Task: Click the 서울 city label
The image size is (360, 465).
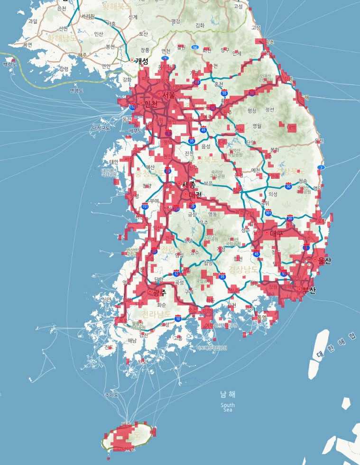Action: pyautogui.click(x=168, y=95)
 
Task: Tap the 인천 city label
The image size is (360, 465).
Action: pyautogui.click(x=150, y=104)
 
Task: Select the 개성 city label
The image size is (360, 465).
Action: pyautogui.click(x=141, y=61)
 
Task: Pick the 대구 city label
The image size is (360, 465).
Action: pyautogui.click(x=277, y=233)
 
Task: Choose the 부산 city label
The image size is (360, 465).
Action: pyautogui.click(x=308, y=290)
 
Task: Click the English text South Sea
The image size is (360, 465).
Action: pyautogui.click(x=228, y=407)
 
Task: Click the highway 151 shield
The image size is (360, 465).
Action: pyautogui.click(x=144, y=206)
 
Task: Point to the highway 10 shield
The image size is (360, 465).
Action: pyautogui.click(x=178, y=319)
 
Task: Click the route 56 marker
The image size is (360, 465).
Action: pyautogui.click(x=195, y=48)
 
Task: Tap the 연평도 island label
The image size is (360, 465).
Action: pyautogui.click(x=76, y=90)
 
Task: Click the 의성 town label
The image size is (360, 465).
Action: pyautogui.click(x=273, y=193)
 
